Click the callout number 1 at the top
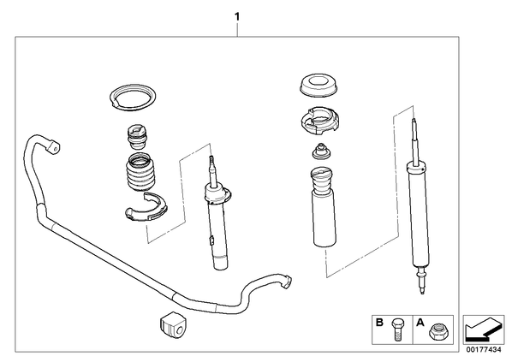[237, 16]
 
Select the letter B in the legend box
[379, 323]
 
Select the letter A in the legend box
[420, 323]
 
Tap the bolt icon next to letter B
[397, 329]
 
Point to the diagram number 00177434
[483, 350]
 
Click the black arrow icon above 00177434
[483, 328]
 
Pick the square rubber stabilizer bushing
[173, 326]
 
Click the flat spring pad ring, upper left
[132, 98]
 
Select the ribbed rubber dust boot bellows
[140, 173]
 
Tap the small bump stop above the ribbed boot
[138, 137]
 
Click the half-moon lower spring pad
[146, 208]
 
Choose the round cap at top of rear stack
[318, 86]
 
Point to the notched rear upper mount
[319, 121]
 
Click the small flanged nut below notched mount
[320, 151]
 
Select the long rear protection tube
[324, 207]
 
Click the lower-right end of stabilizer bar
[286, 282]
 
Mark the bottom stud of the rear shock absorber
[421, 281]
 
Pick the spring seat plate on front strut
[217, 193]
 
